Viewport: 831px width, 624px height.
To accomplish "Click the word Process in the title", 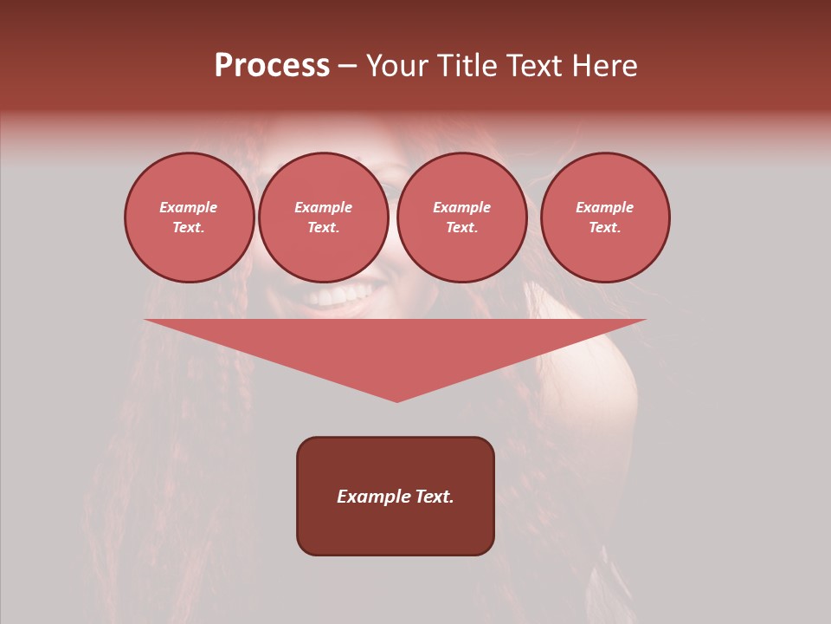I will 272,66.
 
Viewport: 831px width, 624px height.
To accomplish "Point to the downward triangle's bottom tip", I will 396,400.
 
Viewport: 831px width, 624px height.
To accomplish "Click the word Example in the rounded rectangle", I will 373,497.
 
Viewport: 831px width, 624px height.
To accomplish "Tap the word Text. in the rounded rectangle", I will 435,497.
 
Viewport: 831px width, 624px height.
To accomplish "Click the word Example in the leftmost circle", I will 189,207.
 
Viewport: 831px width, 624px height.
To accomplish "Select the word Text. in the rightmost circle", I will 605,227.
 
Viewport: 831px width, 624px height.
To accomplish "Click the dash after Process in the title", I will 348,67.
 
